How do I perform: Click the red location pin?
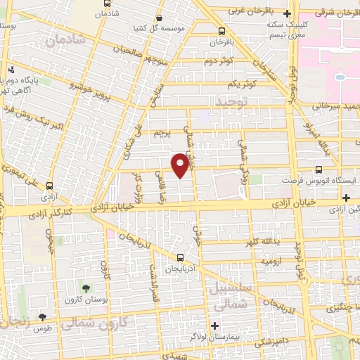181,163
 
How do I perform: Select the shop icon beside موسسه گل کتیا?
160,18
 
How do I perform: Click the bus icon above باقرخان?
222,31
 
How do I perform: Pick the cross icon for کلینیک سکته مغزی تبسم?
286,13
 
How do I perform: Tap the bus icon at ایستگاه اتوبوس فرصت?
320,169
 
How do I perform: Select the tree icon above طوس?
43,317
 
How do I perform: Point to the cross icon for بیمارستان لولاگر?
215,326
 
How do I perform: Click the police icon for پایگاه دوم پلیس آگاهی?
12,70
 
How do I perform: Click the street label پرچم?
162,133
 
